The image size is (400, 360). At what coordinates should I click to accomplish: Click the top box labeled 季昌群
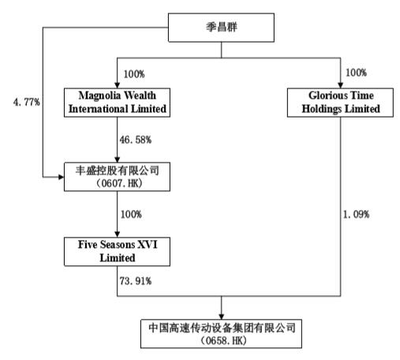tap(222, 28)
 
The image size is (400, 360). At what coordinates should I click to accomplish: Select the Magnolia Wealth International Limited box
tap(117, 103)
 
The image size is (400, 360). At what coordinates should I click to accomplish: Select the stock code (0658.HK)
tap(222, 338)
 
